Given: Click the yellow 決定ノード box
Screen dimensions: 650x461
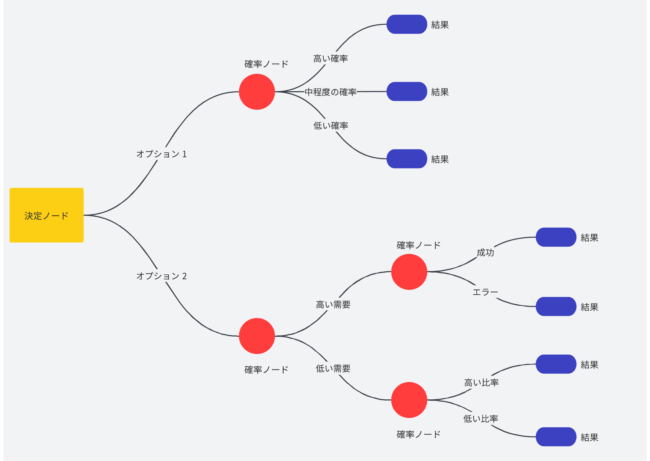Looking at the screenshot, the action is (47, 215).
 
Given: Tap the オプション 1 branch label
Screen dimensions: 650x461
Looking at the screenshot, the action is (161, 154).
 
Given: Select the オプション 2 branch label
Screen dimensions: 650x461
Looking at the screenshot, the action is (161, 276).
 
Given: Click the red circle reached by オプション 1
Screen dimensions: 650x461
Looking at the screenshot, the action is (257, 92).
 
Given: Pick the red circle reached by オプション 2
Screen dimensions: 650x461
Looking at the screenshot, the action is (257, 336).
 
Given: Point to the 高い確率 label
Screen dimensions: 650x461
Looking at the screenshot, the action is (331, 58).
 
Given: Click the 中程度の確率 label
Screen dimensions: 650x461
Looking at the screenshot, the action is (331, 92).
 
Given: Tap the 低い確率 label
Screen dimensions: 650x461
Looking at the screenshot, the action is (331, 126).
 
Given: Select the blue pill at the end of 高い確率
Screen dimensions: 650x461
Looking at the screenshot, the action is (407, 24).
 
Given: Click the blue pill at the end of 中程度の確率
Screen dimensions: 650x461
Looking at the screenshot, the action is (407, 91).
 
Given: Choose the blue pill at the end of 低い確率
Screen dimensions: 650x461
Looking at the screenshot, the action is (407, 159).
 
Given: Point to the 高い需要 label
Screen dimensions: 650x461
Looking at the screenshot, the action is (333, 305).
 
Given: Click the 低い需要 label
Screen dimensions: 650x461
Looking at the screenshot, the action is (333, 368).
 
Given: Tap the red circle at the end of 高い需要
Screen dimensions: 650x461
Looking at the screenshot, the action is (409, 272).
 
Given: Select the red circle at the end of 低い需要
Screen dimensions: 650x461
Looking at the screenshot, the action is (409, 400).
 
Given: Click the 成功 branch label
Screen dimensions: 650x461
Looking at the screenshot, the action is (486, 252).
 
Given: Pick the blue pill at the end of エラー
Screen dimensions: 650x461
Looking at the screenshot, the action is (556, 306).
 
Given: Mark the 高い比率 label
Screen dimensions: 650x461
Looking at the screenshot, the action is (482, 383).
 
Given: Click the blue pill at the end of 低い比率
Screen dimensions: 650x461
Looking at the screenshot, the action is (556, 437).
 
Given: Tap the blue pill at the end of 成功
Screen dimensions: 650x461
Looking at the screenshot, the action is (556, 237).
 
